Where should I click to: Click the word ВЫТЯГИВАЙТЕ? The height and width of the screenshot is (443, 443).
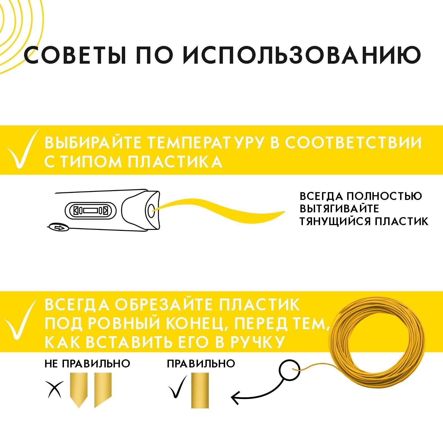point(339,209)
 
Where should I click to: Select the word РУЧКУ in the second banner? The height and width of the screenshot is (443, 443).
point(257,342)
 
